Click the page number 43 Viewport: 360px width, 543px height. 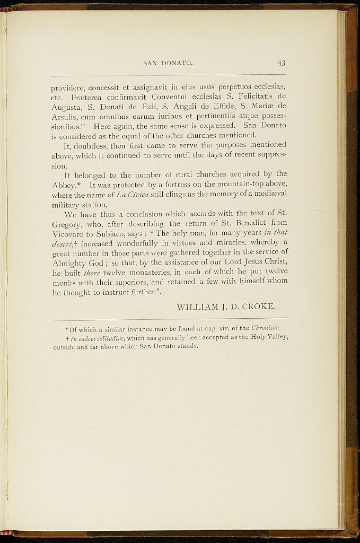point(281,63)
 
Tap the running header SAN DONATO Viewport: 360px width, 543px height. point(168,64)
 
